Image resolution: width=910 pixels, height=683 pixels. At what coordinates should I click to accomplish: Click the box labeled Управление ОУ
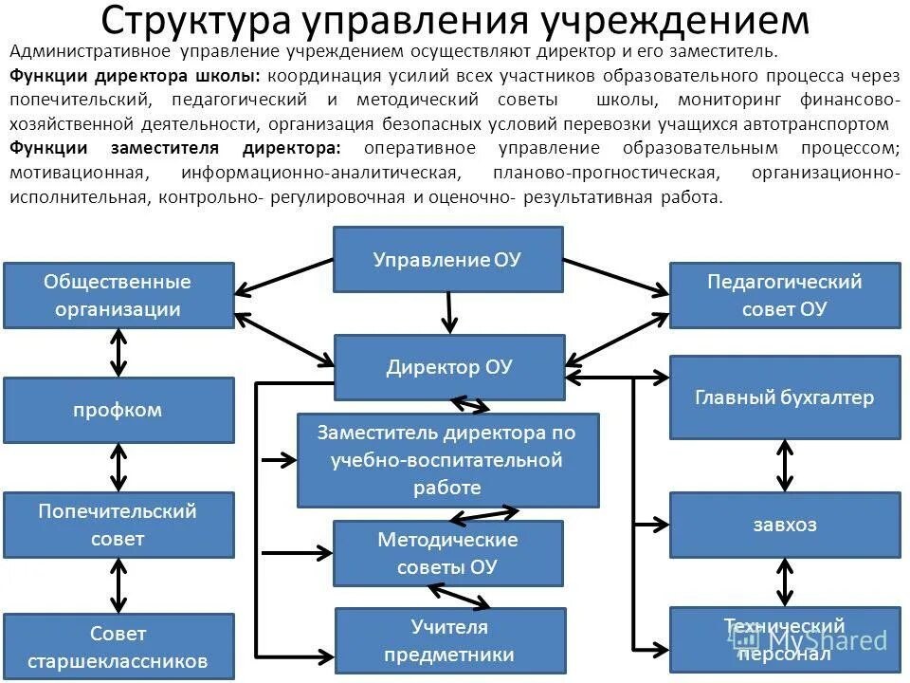click(447, 259)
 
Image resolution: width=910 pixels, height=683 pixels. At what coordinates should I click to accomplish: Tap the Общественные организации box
click(118, 295)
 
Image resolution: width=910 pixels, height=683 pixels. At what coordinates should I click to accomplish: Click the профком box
click(118, 410)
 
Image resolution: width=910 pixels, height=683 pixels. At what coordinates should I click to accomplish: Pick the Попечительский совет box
click(118, 525)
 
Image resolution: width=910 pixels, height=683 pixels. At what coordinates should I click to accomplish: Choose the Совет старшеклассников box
click(118, 646)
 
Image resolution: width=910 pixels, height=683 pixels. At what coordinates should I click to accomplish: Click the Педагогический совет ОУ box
click(785, 295)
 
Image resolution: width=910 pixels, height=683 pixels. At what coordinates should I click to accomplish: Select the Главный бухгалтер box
click(785, 397)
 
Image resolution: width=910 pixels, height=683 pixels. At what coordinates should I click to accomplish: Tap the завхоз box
click(785, 525)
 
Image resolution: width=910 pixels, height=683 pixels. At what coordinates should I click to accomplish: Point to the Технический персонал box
click(785, 639)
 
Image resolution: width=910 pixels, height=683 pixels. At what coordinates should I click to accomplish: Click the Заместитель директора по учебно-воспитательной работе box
click(447, 460)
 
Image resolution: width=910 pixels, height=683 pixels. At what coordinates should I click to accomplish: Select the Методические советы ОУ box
click(447, 553)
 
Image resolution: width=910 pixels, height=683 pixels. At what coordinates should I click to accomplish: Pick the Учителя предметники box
click(449, 640)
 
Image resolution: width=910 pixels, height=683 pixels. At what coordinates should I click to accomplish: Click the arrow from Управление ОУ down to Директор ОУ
click(450, 312)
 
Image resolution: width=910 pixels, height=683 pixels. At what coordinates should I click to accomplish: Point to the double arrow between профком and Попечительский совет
click(118, 468)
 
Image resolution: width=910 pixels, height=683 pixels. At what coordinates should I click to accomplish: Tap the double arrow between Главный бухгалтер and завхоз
click(785, 466)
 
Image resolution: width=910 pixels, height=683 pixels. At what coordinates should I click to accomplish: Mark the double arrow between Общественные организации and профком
click(118, 353)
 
